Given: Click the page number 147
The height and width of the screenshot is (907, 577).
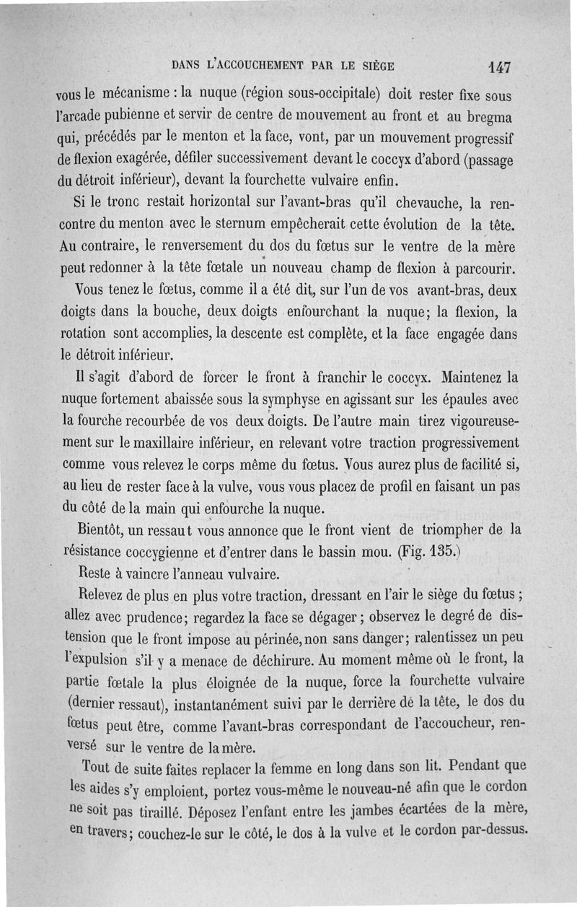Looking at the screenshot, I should pos(498,66).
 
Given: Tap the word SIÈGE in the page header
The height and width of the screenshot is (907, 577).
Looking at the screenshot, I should pos(376,66).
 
